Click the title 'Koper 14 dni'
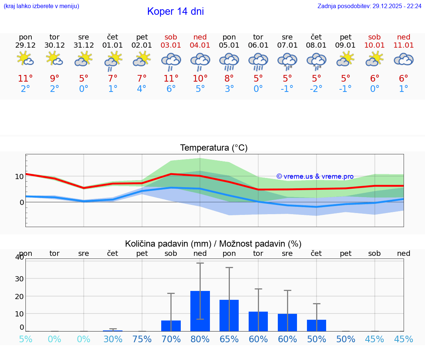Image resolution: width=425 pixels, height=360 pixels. pos(175,11)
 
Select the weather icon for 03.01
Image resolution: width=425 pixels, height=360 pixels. pos(171,61)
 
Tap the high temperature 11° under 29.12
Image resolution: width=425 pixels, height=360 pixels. pos(25,78)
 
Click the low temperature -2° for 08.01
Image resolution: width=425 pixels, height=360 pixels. pos(316,89)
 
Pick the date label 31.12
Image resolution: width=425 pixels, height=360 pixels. pos(84,45)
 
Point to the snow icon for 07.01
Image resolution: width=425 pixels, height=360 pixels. pos(287,61)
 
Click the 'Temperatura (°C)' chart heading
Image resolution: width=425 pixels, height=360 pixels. pos(214,148)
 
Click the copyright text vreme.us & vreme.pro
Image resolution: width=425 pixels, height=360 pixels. pos(315,176)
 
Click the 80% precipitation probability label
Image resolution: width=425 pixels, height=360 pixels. pos(200,339)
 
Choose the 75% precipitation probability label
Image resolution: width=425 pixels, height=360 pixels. pos(142,339)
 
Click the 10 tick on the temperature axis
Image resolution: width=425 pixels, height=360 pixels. pos(19,176)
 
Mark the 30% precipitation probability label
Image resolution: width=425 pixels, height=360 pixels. pos(113,339)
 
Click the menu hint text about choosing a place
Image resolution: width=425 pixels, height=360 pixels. pos(41,6)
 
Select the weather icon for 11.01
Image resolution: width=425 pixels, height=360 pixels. pos(404,60)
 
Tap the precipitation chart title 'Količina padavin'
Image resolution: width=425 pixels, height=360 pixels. pos(213,244)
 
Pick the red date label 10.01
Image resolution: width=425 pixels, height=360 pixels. pos(374,45)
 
